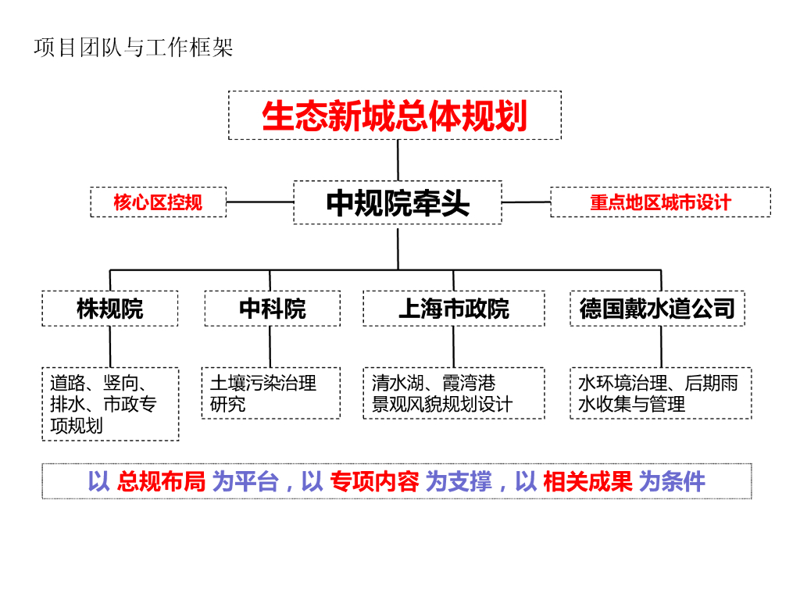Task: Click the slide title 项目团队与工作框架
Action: [134, 48]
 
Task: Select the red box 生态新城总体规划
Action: [395, 116]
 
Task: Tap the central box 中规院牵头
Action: [398, 202]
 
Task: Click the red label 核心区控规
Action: [158, 202]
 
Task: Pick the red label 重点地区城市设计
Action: [660, 202]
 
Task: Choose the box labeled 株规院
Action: [110, 309]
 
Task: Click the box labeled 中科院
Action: [272, 309]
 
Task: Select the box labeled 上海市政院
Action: [453, 309]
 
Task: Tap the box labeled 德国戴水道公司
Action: [657, 309]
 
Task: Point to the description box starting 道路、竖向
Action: [110, 404]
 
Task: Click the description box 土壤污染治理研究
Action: [270, 393]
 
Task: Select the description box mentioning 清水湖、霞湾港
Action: [453, 393]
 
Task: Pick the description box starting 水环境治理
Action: [660, 393]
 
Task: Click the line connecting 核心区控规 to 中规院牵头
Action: [259, 202]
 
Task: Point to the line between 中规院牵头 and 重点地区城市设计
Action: [526, 202]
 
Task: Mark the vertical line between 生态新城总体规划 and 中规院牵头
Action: [398, 160]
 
